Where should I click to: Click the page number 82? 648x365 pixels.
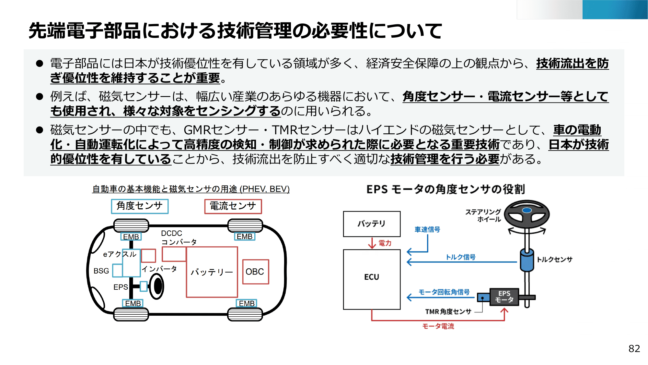[634, 348]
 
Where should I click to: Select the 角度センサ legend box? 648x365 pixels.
[140, 206]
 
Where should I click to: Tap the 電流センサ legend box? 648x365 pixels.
[233, 206]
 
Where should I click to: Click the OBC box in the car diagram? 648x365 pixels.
[255, 272]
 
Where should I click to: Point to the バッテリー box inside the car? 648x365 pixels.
[212, 272]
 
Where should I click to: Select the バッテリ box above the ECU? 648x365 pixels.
[372, 224]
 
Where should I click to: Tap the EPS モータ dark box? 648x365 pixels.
[504, 297]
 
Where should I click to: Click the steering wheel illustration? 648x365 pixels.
[527, 214]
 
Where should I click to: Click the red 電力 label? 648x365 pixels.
[385, 243]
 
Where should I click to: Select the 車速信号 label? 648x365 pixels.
[427, 229]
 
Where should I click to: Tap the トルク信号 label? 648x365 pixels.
[460, 257]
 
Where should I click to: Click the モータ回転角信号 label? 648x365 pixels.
[444, 292]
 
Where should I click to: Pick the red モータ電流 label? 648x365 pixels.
[438, 326]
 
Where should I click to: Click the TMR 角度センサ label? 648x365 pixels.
[448, 311]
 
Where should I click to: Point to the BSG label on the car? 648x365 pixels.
[101, 271]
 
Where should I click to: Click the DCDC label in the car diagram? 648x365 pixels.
[171, 233]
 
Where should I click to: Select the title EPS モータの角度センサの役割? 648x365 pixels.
[445, 189]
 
